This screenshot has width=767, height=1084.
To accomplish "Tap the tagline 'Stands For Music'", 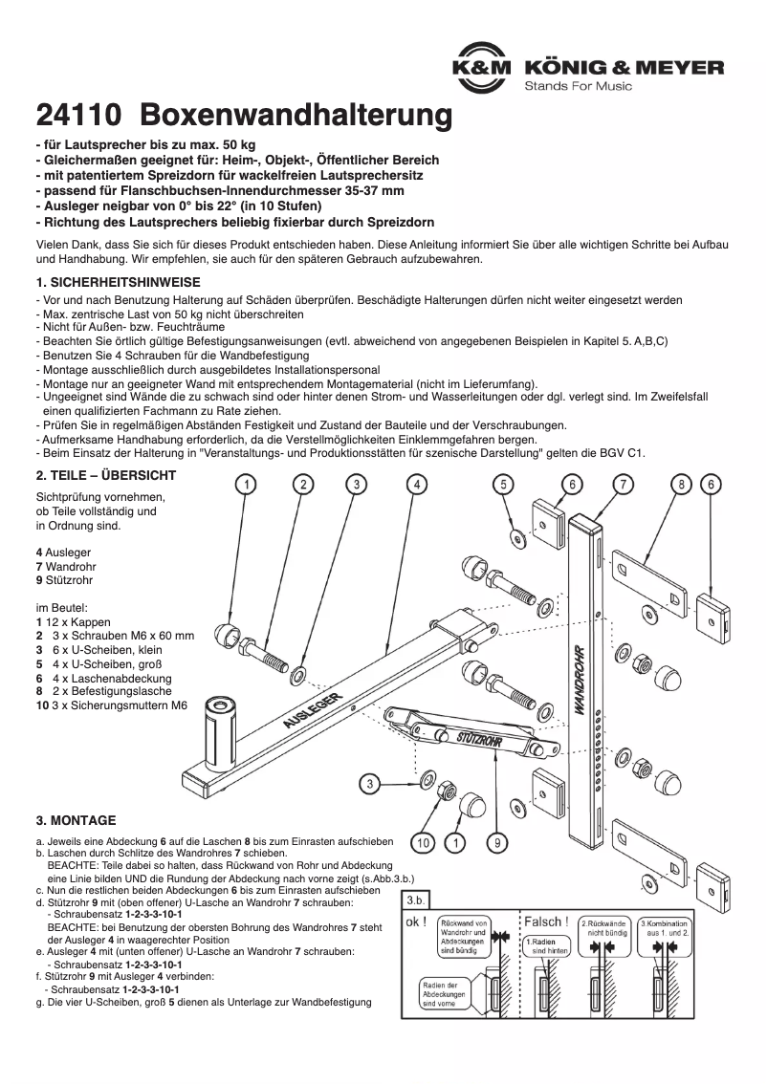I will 578,87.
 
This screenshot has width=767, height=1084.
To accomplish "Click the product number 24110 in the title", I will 77,117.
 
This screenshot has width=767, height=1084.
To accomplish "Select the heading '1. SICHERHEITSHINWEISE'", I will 117,283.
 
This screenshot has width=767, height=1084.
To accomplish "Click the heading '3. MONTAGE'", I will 76,820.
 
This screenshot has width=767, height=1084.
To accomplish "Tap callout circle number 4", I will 416,485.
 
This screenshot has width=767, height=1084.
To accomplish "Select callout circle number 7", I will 623,485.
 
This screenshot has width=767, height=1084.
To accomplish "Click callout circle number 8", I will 681,485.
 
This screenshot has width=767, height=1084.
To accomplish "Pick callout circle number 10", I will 422,842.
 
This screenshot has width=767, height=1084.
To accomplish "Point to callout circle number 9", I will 497,842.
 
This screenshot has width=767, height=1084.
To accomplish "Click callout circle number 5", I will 503,485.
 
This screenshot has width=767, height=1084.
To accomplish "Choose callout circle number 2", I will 302,485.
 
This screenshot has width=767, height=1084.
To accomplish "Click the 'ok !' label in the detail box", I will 418,923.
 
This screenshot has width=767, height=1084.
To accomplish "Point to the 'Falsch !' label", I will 546,922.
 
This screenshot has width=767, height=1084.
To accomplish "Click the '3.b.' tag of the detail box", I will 417,900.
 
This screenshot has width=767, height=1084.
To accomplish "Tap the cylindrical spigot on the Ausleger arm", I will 220,731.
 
